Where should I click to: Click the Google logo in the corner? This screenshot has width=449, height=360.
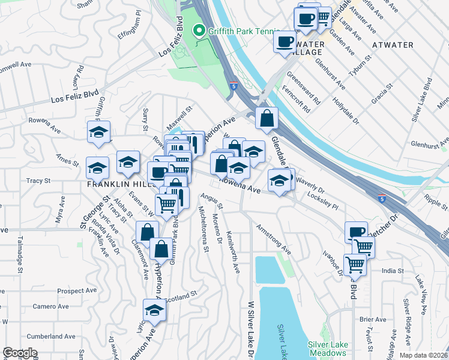(20, 353)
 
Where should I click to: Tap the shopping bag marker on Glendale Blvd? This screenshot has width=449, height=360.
(267, 118)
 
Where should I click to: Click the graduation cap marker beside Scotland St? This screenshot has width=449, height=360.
(154, 310)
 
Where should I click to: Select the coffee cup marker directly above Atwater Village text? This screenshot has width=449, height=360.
(285, 42)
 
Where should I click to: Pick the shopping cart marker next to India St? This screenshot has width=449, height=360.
(355, 264)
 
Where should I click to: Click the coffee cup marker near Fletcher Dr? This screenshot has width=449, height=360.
(356, 232)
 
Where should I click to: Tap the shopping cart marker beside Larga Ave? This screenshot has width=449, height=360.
(323, 17)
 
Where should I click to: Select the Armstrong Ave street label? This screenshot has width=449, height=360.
(273, 239)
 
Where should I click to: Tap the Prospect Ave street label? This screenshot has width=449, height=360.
(77, 291)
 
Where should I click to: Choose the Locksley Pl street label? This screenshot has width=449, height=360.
(322, 200)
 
